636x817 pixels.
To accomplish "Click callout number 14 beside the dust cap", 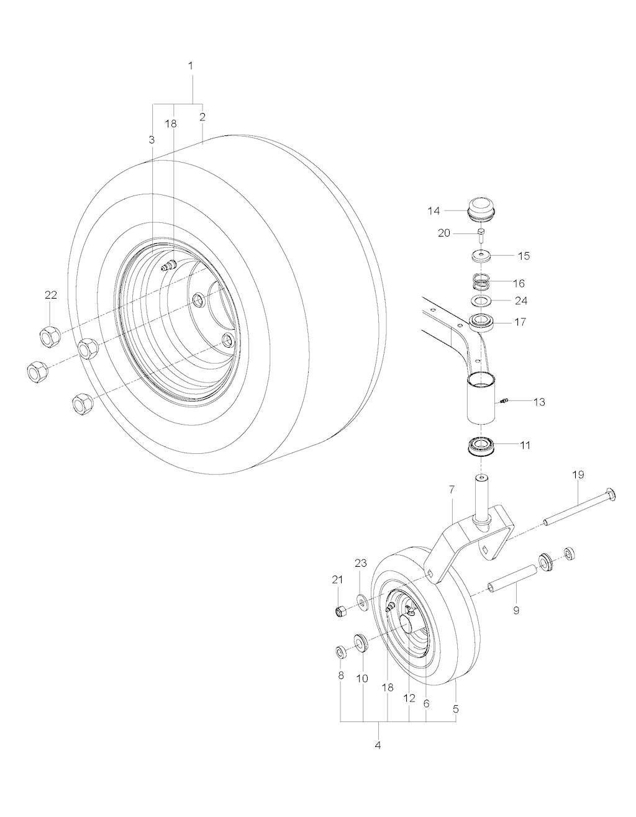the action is (x=434, y=211).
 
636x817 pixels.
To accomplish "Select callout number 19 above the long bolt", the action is (x=578, y=475).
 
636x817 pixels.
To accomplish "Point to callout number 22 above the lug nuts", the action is (x=51, y=295).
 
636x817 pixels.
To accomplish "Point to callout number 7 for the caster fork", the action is (x=452, y=490).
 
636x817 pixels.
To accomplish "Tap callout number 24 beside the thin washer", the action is (x=521, y=300).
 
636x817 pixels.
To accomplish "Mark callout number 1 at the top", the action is (x=191, y=66).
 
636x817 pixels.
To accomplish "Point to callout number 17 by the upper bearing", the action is (x=520, y=322).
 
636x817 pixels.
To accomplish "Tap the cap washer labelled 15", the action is (x=481, y=256).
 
